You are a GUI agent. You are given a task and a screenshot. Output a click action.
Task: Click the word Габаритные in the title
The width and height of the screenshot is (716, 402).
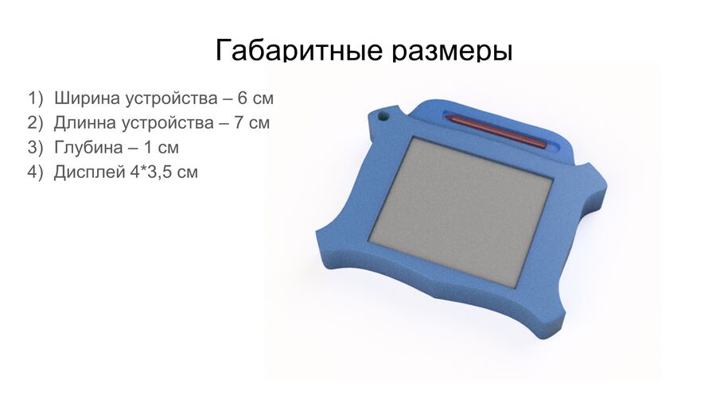coord(298,49)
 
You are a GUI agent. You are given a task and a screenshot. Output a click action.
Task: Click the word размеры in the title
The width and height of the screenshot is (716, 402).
coord(453,51)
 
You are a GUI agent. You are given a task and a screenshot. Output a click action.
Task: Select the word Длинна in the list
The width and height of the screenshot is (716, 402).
coord(85,123)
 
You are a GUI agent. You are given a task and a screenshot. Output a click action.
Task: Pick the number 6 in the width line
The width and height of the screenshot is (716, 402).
coord(243,99)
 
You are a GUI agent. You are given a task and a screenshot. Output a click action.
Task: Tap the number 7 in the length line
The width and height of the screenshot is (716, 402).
coord(239,123)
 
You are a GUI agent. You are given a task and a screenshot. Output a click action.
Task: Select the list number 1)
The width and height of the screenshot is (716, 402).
coord(36,99)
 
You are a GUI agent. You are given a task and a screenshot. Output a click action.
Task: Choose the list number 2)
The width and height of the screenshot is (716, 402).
coord(35,123)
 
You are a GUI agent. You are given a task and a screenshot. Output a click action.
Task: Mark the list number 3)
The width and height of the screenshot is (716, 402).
coord(35,148)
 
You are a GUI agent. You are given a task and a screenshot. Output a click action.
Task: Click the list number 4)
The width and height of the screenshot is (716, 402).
coord(35,172)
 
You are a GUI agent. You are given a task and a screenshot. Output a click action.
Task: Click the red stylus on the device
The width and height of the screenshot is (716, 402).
coord(496,131)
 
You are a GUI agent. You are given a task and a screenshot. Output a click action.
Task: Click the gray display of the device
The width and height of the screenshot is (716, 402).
coord(461,212)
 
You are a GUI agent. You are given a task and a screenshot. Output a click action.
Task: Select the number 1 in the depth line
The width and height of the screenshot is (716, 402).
coord(147,148)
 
